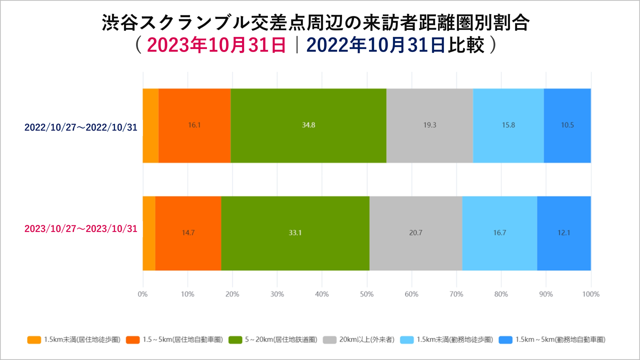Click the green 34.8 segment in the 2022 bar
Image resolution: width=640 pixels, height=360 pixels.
(x=308, y=125)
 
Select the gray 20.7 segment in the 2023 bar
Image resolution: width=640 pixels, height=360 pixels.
(x=415, y=233)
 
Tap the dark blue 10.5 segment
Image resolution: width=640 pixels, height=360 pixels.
(x=567, y=125)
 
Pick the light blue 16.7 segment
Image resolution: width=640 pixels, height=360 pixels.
(x=499, y=233)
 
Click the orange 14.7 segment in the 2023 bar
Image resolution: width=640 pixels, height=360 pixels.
(x=188, y=233)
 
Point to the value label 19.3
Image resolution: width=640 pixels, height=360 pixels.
(x=429, y=125)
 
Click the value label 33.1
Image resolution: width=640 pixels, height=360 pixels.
(x=295, y=233)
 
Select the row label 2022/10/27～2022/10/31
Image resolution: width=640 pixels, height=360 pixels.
(x=81, y=127)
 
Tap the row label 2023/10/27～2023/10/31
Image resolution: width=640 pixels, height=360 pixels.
(x=81, y=228)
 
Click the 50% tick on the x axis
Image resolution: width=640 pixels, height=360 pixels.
(x=366, y=294)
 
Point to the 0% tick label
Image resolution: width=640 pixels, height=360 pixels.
(x=143, y=294)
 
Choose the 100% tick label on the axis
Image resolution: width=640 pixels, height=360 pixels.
(x=591, y=294)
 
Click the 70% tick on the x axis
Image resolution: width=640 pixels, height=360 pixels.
(x=456, y=294)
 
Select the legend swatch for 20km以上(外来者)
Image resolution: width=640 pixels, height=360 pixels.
(x=330, y=340)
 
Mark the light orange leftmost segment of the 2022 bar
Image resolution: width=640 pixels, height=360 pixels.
(x=150, y=125)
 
